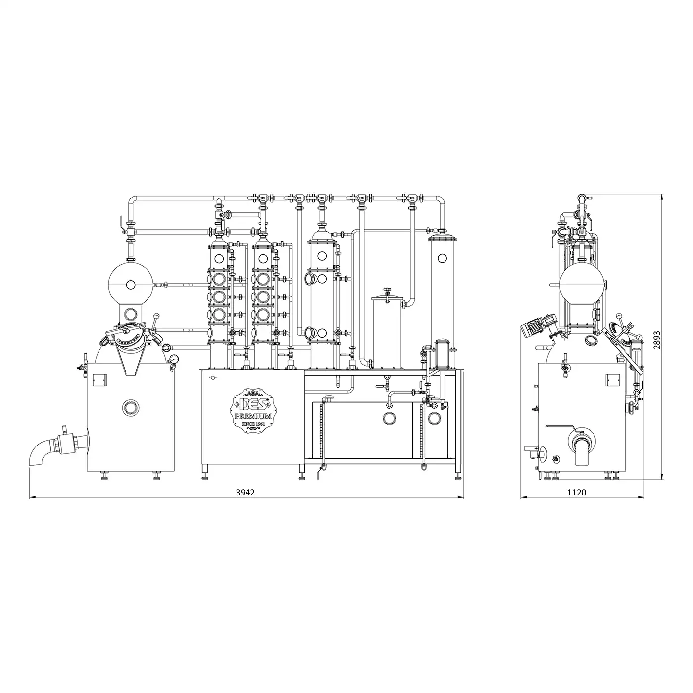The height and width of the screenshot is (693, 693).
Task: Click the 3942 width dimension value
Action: (x=245, y=493)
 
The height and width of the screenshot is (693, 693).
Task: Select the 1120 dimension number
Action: (x=577, y=493)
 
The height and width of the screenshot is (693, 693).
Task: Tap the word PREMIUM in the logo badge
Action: (x=253, y=416)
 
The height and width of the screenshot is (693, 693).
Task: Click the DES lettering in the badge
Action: (x=253, y=404)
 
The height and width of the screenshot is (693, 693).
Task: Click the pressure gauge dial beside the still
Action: (x=174, y=359)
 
